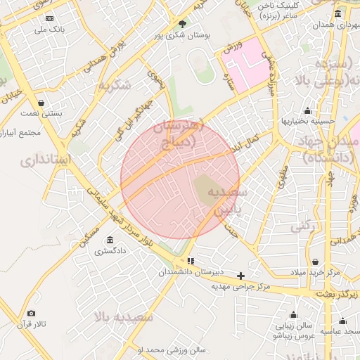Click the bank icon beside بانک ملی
point(49,19)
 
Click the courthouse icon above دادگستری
point(110,240)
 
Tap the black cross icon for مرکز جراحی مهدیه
point(241,276)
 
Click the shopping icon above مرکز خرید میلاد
point(315,262)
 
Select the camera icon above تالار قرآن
point(31,314)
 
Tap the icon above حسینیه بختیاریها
point(307,110)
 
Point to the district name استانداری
point(45,160)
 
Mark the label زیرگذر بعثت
point(334,294)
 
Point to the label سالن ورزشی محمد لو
point(171,349)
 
